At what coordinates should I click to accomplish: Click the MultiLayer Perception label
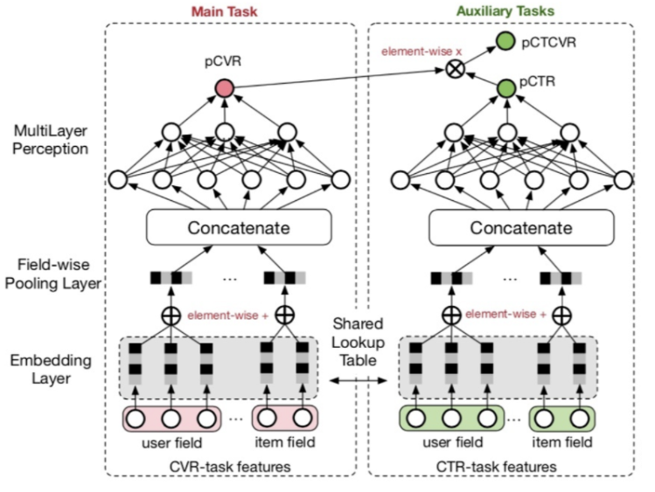(x=50, y=141)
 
